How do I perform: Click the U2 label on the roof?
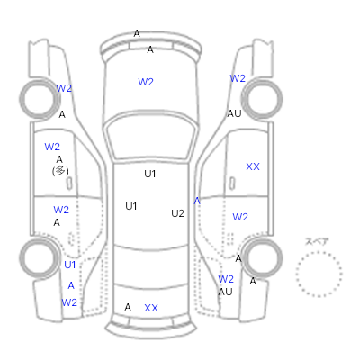(x=177, y=213)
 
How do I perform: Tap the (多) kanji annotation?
(x=60, y=171)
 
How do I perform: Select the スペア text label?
(x=317, y=241)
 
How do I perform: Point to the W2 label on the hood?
(x=146, y=82)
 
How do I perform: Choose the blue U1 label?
(x=70, y=265)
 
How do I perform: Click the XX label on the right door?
(x=253, y=166)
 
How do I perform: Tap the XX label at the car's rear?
(x=151, y=308)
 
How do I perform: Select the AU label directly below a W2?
(x=225, y=292)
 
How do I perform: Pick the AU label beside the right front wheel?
(x=234, y=113)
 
